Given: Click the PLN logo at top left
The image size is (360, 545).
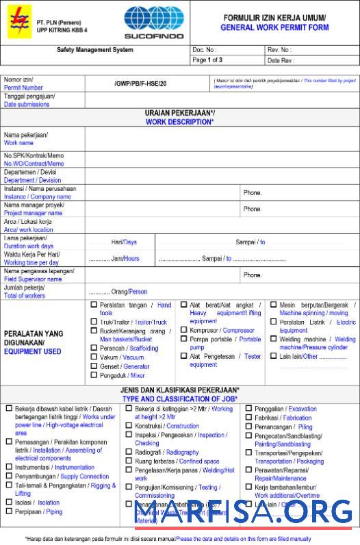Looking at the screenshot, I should tap(16, 22).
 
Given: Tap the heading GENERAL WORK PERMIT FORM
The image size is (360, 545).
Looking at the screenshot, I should tap(274, 28).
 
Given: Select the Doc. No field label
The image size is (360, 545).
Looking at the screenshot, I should tap(205, 50).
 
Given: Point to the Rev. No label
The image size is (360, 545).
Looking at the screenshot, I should tap(279, 50).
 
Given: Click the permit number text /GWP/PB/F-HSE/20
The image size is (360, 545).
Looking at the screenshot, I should tap(140, 84).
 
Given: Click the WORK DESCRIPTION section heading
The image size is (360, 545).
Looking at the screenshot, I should tap(179, 122).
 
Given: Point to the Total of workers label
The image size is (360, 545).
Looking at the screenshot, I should tap(25, 296).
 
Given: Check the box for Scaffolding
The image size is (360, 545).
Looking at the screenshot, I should tap(94, 348).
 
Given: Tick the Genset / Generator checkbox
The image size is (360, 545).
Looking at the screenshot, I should tap(94, 366).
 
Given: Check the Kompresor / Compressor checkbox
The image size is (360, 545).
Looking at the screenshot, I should tap(183, 330).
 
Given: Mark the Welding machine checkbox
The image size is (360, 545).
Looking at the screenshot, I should tap(273, 339).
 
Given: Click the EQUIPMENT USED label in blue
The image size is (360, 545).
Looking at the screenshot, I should tap(32, 351).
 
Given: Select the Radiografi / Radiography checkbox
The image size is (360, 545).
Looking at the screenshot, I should tap(129, 453).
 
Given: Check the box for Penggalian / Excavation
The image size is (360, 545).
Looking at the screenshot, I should tap(249, 409).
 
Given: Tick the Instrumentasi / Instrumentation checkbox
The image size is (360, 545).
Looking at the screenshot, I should tap(9, 467).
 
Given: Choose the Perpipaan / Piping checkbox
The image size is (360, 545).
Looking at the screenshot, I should tap(9, 511).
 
